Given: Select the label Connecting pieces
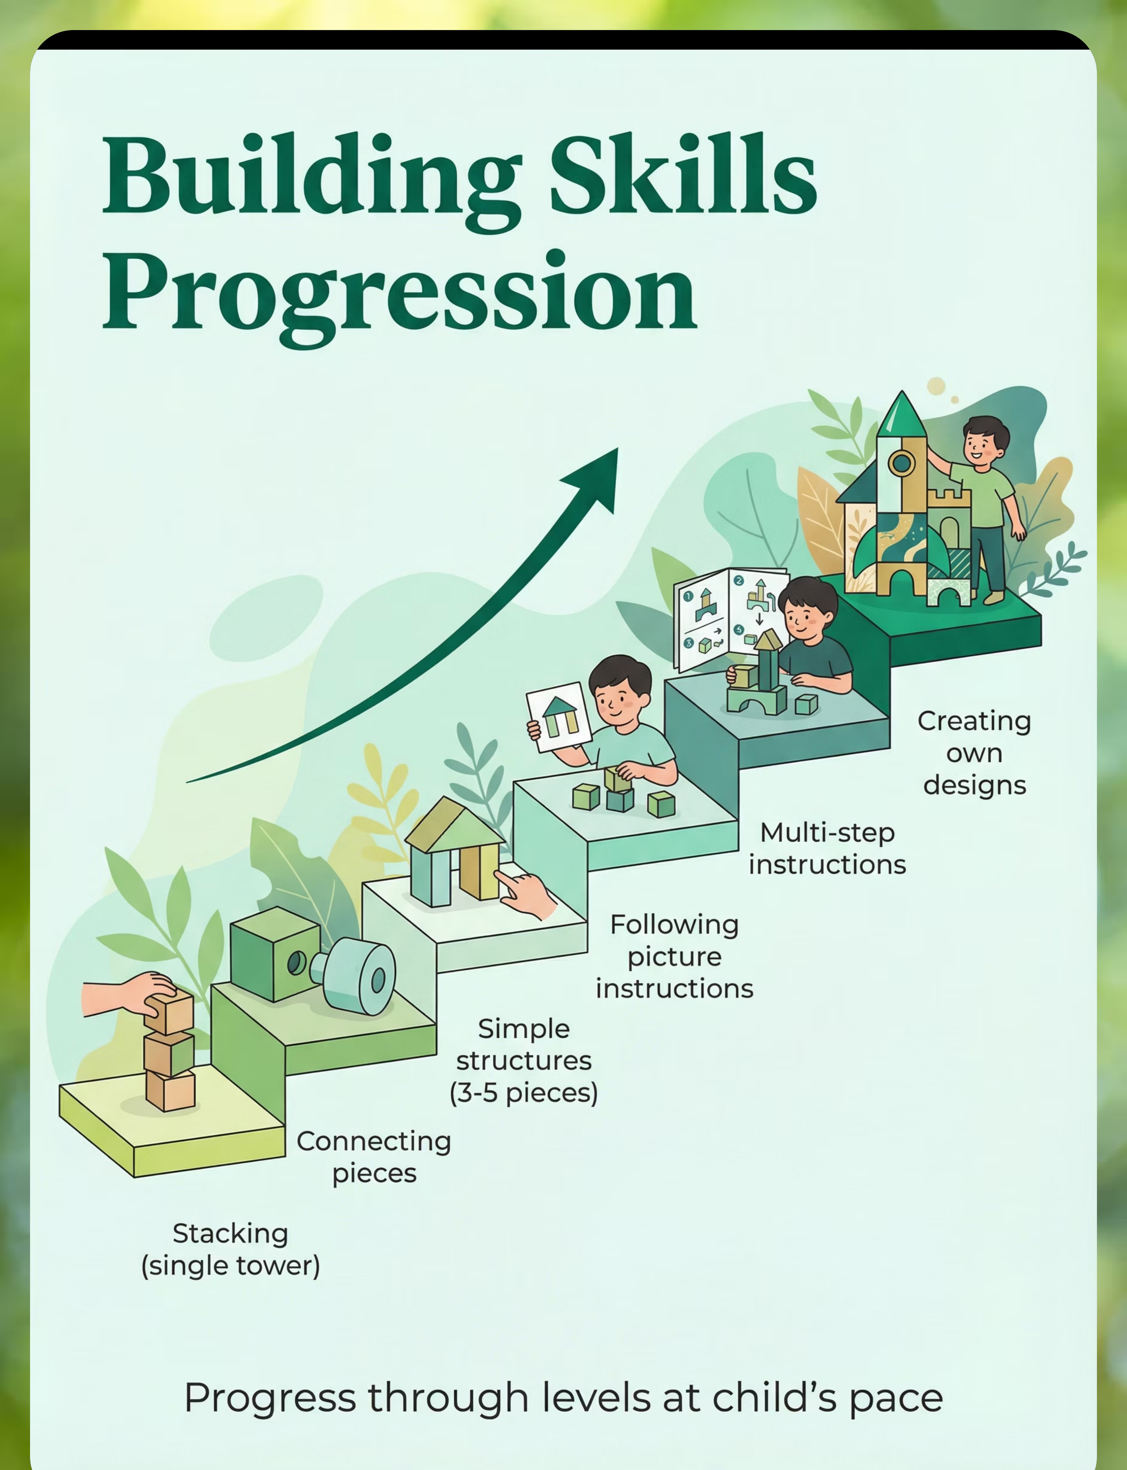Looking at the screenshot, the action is click(x=374, y=1157).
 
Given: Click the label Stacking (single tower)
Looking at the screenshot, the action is click(x=230, y=1249).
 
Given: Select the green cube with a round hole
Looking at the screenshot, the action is click(x=275, y=953).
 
